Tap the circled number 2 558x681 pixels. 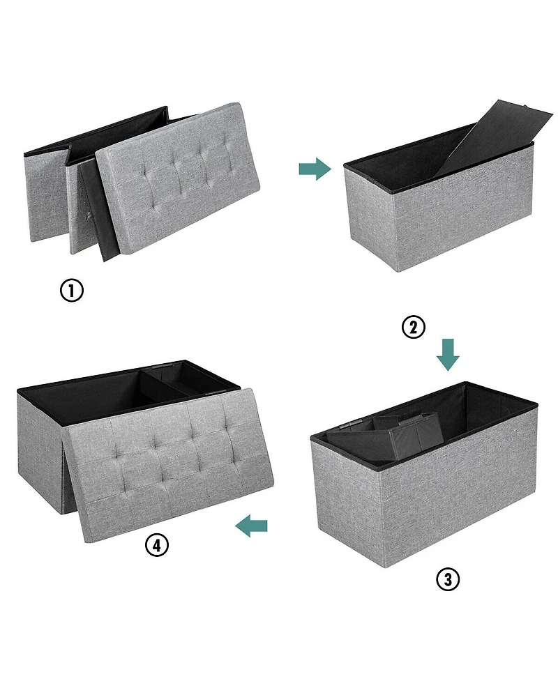coord(414,327)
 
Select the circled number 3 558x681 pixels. coord(448,579)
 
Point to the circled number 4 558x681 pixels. coord(157,545)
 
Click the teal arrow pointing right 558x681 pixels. coord(315,168)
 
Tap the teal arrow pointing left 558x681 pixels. coord(252,528)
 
